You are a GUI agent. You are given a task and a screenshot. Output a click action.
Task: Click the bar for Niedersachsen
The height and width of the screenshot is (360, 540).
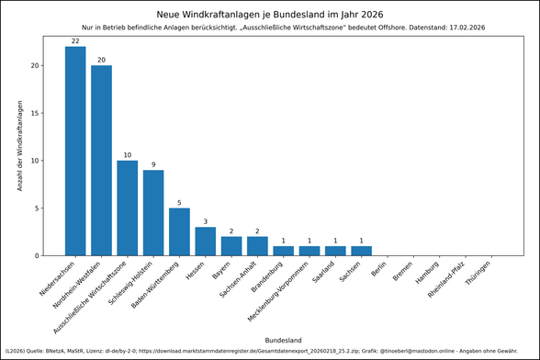point(75,151)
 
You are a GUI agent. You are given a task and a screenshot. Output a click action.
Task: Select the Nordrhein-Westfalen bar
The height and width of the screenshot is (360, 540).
point(101,161)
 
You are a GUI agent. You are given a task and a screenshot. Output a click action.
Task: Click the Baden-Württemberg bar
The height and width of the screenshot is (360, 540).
point(179,231)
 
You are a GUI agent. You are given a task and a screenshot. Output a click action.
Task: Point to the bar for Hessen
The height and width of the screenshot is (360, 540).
point(206,241)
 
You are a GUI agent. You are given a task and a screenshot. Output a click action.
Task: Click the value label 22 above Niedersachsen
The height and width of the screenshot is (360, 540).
point(75,41)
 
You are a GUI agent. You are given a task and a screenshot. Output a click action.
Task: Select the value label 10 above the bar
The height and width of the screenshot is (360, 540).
point(128,155)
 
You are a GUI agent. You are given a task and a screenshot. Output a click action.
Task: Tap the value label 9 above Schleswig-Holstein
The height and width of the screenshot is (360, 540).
point(153,164)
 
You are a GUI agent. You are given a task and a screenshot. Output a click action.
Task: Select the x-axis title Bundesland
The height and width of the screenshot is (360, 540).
point(283,340)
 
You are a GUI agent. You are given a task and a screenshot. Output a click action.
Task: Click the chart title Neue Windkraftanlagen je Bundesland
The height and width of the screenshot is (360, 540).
point(270,15)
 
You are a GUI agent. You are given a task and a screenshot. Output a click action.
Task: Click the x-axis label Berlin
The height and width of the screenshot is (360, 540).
point(377,269)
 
